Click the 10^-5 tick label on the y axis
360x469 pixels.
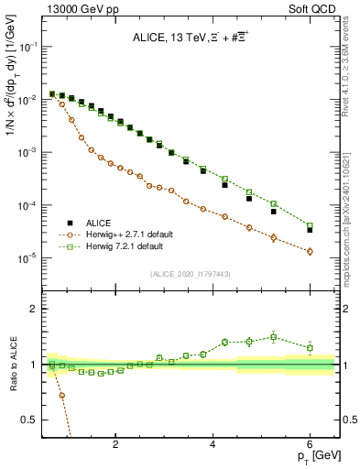click(27, 258)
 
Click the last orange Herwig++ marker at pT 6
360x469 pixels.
click(310, 251)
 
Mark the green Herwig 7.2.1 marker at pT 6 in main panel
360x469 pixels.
click(310, 225)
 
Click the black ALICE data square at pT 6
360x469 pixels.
click(310, 230)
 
